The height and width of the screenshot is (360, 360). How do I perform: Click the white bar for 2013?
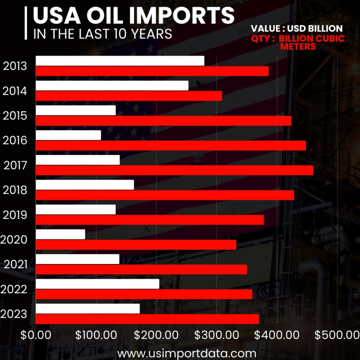[120, 61]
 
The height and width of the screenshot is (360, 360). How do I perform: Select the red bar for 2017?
[174, 170]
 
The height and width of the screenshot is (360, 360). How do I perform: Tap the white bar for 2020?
[60, 234]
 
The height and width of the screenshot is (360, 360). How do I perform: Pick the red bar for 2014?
[129, 96]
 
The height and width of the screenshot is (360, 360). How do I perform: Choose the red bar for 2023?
[147, 319]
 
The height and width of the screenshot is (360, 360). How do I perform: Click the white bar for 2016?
[68, 135]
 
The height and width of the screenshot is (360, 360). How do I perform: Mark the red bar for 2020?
[136, 245]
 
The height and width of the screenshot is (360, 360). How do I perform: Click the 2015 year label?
[15, 116]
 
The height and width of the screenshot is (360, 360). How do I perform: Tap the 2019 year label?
[15, 215]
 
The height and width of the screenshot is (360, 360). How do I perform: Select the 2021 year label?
[15, 264]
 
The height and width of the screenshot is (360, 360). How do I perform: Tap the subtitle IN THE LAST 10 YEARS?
[102, 35]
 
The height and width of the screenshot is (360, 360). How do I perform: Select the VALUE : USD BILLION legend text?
[297, 29]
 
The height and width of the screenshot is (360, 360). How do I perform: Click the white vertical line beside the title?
[25, 23]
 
